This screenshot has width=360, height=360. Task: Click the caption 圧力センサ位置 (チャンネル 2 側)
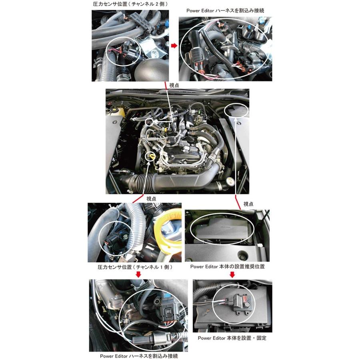[130, 4]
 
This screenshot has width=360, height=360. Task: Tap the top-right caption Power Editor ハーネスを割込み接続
[225, 10]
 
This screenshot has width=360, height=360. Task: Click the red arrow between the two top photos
[174, 46]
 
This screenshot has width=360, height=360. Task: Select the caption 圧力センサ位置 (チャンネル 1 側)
[135, 267]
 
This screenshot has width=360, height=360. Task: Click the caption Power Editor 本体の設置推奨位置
[228, 266]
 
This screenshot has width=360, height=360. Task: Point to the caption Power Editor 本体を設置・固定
[232, 338]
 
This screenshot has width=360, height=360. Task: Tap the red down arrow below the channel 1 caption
[138, 274]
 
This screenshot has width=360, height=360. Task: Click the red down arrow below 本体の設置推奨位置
[232, 274]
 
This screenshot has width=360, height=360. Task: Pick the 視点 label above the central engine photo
[174, 86]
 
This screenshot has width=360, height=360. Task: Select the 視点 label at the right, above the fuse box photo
[248, 204]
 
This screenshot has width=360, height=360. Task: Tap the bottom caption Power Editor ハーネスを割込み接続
[139, 356]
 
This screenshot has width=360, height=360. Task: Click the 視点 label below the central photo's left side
[151, 198]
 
